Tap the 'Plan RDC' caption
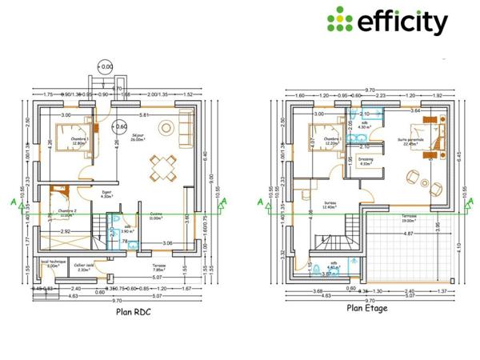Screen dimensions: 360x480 point(134,313)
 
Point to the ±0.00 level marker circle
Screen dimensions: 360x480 point(105,66)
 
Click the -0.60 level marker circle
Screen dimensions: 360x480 point(120,126)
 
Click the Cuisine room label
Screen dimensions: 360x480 point(156,215)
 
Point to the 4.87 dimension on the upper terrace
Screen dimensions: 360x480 point(408,234)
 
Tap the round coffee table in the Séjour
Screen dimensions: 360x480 point(168,126)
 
